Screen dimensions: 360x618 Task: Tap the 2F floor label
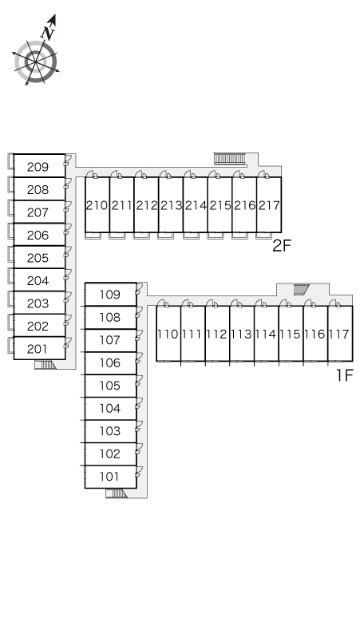[x=281, y=246]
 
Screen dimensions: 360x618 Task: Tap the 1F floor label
[x=344, y=375]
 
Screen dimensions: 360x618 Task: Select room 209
[x=39, y=165]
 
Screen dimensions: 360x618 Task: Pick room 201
[x=39, y=348]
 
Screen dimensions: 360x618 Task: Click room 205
[x=39, y=257]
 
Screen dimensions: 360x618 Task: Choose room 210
[x=97, y=204]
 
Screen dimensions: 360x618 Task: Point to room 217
[x=269, y=204]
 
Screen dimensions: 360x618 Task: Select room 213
[x=171, y=204]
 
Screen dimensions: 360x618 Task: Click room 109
[x=111, y=294]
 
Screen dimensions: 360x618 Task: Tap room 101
[x=111, y=477]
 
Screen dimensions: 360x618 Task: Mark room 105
[x=111, y=386]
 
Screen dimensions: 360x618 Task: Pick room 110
[x=168, y=334]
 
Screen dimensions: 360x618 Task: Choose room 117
[x=340, y=334]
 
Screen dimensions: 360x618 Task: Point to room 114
[x=267, y=334]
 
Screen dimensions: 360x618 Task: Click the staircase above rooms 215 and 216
[x=230, y=158]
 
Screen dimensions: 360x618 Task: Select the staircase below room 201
[x=45, y=365]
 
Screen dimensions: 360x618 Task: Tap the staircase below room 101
[x=117, y=493]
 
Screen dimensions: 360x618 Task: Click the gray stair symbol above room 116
[x=300, y=290]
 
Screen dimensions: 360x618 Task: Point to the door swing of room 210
[x=91, y=174]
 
